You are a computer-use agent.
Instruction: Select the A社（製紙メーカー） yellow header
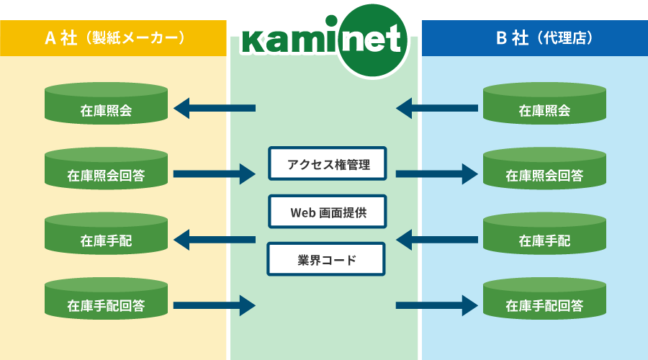(113, 38)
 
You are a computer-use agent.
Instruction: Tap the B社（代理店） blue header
(534, 38)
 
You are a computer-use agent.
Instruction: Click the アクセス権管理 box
(328, 164)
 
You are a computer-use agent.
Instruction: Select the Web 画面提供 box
(328, 212)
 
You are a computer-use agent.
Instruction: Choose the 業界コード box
(328, 259)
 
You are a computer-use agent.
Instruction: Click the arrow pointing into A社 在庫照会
(215, 109)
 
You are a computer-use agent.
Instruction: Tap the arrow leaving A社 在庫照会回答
(215, 174)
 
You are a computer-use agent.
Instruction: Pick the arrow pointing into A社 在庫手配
(215, 239)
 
